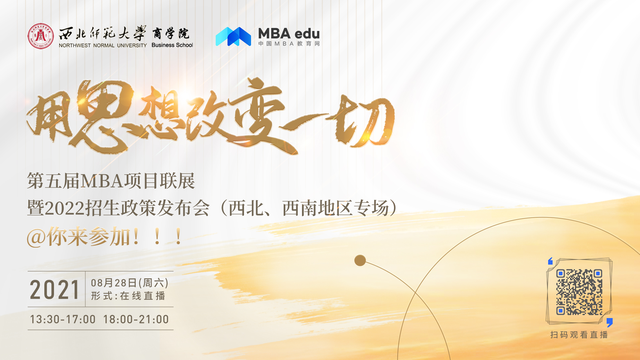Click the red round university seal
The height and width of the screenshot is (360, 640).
click(41, 36)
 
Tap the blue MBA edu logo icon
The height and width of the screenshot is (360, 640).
click(233, 36)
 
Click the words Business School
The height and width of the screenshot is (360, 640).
click(172, 45)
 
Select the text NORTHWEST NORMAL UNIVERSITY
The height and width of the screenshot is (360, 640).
click(103, 45)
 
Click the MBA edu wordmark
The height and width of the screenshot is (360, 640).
click(289, 34)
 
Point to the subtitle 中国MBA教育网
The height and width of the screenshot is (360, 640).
click(289, 44)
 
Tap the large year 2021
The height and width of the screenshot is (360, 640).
click(55, 290)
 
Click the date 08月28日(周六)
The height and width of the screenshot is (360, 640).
click(130, 283)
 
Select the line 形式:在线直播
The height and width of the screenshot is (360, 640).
click(128, 296)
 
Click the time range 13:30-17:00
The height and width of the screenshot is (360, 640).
click(63, 319)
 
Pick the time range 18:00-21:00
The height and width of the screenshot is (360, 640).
click(136, 319)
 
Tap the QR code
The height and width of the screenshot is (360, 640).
click(579, 292)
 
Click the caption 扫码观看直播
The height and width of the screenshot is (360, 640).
click(579, 335)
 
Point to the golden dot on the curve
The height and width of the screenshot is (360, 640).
click(360, 260)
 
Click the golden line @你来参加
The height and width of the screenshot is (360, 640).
click(104, 237)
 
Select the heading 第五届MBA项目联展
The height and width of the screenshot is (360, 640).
click(111, 181)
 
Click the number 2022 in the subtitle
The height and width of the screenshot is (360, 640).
click(65, 208)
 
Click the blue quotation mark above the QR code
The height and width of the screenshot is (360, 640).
click(550, 261)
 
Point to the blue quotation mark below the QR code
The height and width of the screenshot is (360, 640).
click(610, 322)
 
